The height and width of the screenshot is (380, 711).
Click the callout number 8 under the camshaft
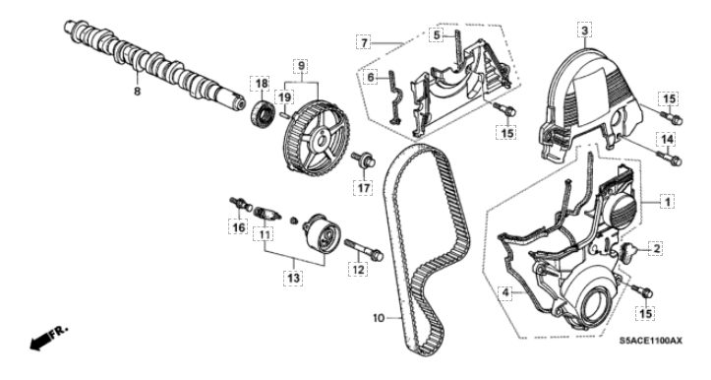pos(137,92)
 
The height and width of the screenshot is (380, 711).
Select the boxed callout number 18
pos(262,84)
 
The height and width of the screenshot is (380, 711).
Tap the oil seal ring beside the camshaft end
pos(263,114)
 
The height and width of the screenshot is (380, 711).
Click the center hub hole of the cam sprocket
pos(321,141)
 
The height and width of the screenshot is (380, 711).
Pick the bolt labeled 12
pos(364,249)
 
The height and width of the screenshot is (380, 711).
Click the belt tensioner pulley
pos(322,232)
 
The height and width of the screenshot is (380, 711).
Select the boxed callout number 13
pos(293,277)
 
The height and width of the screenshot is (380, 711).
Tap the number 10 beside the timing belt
pos(379,318)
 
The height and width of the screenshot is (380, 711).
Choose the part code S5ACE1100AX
pos(651,340)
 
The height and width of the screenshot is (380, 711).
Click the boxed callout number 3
pos(584,31)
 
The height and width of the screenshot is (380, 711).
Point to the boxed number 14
pos(668,140)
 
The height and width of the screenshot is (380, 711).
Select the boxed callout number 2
pos(656,248)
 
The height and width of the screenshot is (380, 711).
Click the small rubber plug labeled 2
pos(628,251)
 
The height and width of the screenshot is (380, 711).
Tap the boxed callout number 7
pos(363,42)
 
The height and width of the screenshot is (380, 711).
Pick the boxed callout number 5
pos(437,34)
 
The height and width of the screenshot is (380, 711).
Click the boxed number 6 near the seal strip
pos(371,78)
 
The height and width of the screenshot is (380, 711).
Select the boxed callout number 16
pos(238,226)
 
